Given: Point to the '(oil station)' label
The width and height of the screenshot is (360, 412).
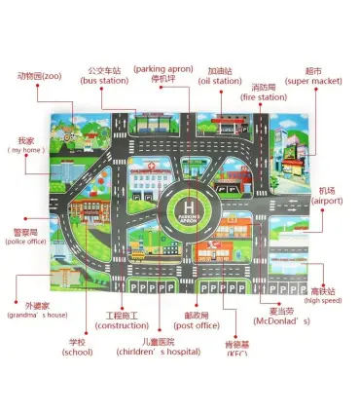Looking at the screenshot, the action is point(220,81).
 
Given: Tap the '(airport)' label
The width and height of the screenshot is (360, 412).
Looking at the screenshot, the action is point(327,201).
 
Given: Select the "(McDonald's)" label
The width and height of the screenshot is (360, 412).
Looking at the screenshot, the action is point(281,320).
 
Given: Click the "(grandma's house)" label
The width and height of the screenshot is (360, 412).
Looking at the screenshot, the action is point(37,315).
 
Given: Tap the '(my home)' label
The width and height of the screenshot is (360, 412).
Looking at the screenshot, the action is point(26,150).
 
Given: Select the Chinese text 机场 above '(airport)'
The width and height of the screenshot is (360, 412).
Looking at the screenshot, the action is point(328,190).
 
